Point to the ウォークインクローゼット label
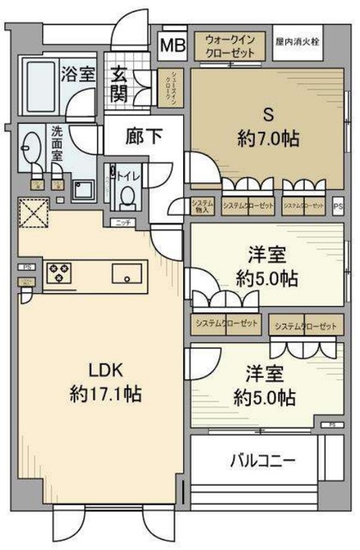pyautogui.click(x=229, y=45)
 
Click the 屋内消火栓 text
pyautogui.click(x=299, y=40)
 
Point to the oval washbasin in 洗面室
pyautogui.click(x=31, y=150)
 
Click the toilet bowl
pyautogui.click(x=126, y=197)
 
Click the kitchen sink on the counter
pyautogui.click(x=127, y=273)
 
